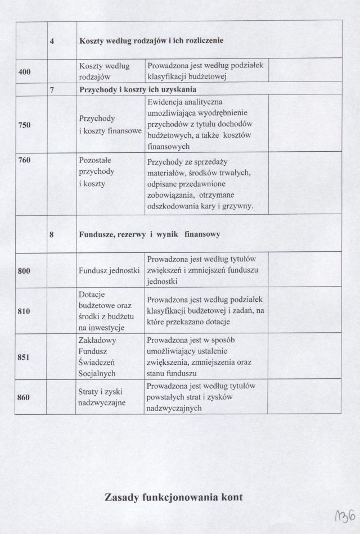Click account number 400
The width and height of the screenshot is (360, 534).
point(24,72)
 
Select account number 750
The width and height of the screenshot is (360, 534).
point(24,125)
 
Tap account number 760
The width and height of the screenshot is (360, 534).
point(24,160)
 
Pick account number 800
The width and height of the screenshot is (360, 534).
point(24,271)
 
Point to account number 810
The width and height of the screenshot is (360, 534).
point(24,311)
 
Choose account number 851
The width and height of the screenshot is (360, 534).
point(24,356)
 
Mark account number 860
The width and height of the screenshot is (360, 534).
point(24,397)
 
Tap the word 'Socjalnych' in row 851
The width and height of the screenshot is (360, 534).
point(97,373)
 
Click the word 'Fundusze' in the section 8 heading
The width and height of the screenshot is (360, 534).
point(97,235)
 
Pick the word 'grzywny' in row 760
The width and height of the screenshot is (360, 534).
point(238,206)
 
